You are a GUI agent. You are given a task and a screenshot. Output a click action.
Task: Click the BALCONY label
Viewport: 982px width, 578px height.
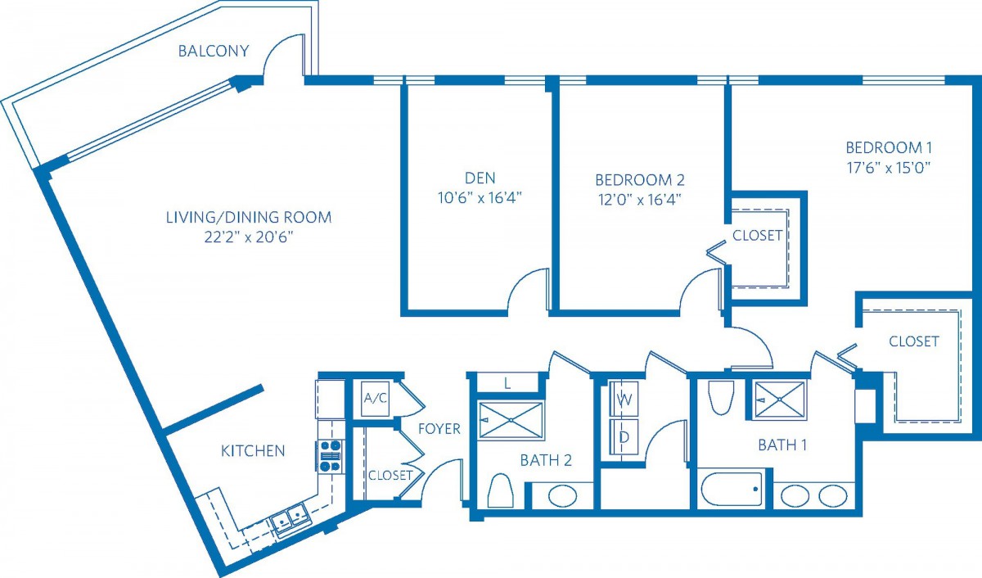coord(214,51)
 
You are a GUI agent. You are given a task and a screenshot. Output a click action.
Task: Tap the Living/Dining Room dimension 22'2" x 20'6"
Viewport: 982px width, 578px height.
coord(248,237)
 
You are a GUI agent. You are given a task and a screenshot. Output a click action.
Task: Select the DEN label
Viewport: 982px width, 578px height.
coord(480,178)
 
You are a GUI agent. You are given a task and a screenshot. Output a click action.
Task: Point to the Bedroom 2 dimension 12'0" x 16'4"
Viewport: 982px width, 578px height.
coord(640,200)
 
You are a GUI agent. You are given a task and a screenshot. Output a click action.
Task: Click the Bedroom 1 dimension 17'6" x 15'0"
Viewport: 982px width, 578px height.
coord(889,168)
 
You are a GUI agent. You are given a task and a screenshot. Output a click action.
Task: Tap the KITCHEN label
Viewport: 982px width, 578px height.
coord(253,451)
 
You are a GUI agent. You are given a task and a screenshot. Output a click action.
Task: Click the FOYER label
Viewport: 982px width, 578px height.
coord(439,428)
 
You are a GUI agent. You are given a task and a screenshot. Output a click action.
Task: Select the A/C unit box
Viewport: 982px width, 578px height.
coord(376,399)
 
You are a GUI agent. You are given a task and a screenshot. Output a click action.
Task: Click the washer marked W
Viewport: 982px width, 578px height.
coord(624,400)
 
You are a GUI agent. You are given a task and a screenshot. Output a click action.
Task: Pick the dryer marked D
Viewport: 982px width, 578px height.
coord(624,437)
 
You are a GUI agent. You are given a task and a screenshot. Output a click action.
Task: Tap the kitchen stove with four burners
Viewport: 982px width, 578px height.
coord(330,456)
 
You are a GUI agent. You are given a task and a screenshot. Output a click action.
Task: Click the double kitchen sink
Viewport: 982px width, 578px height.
coord(289,519)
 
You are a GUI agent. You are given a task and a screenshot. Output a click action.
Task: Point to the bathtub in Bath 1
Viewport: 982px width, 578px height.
coord(732,489)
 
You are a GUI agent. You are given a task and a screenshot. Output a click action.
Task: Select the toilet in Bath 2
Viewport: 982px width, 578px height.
coord(500,490)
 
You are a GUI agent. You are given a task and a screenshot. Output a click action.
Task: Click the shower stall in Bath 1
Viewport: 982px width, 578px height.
coord(779,400)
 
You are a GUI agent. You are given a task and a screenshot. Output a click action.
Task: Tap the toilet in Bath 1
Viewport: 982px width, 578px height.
coord(721,397)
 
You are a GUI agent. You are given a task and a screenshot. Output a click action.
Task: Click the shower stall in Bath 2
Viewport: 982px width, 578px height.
coord(511,420)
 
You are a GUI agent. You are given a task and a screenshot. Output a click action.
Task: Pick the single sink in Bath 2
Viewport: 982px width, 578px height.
coord(562,496)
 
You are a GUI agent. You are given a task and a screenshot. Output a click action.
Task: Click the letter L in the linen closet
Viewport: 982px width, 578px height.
coord(507,384)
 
